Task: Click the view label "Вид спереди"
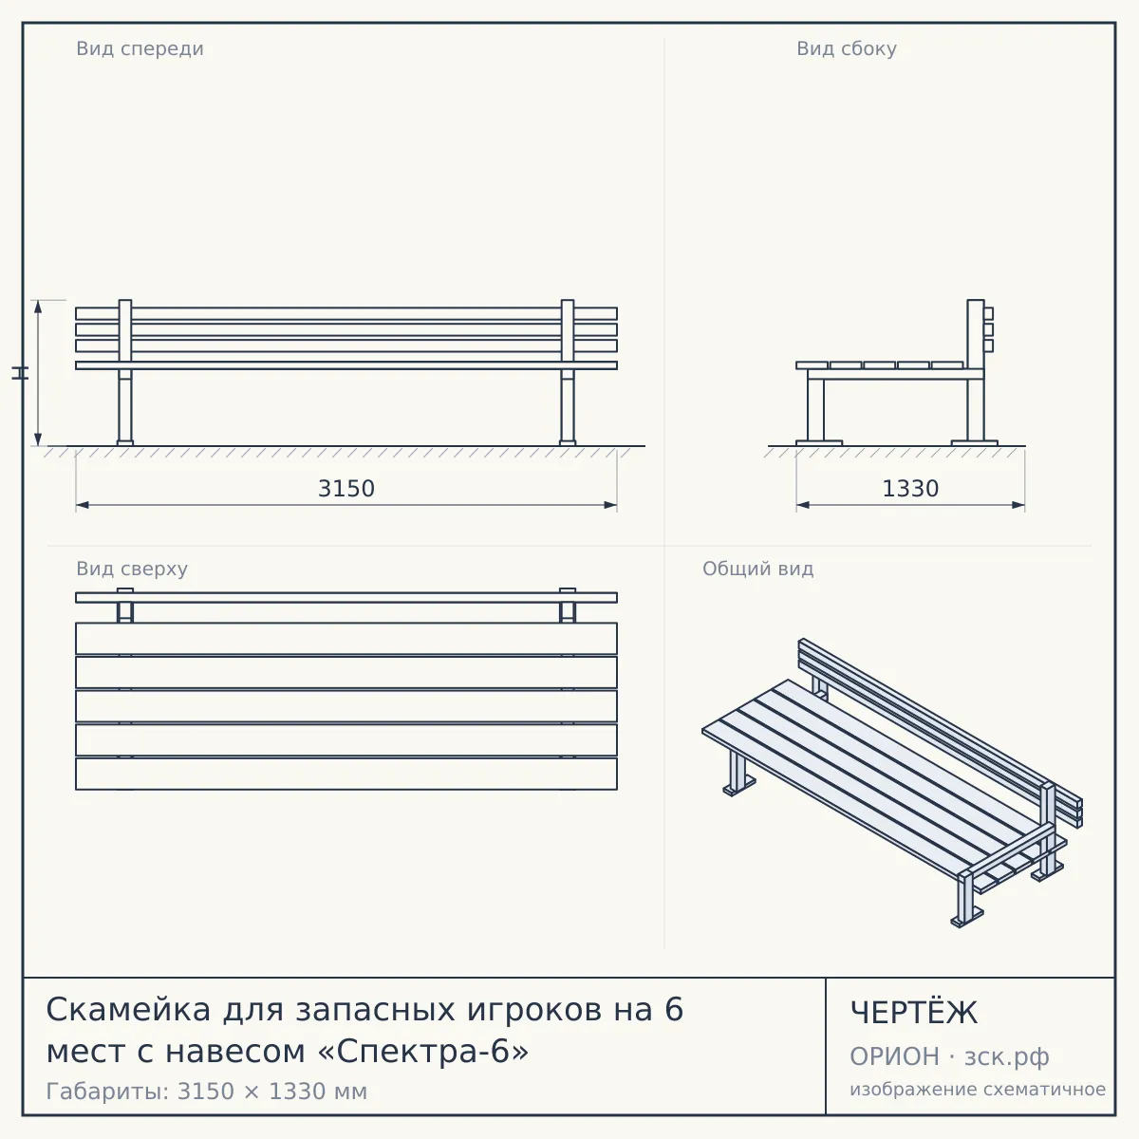[140, 48]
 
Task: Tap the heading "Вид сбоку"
[847, 48]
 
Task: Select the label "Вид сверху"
[132, 569]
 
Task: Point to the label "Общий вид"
[757, 569]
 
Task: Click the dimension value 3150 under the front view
[346, 489]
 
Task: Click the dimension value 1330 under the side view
[910, 489]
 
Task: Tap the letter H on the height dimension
[20, 373]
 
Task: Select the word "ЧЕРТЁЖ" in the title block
[913, 1013]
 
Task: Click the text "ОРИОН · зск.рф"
[949, 1056]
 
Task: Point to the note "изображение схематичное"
[978, 1090]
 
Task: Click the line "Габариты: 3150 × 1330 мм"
[206, 1092]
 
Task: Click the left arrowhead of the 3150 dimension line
[83, 505]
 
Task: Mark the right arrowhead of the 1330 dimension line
[1018, 505]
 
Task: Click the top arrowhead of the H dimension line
[38, 307]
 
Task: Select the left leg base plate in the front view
[124, 442]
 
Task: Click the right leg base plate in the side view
[975, 442]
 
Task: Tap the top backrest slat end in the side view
[989, 313]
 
